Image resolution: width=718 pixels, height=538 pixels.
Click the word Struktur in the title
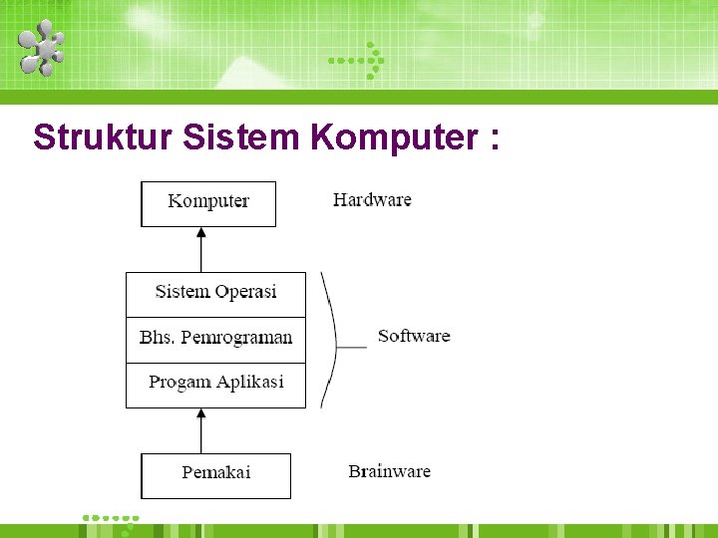click(x=104, y=137)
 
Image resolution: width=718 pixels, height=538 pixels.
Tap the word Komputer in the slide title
click(x=394, y=137)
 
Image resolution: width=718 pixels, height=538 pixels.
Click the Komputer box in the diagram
click(x=208, y=202)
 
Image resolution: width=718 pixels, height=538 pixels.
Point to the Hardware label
click(x=372, y=199)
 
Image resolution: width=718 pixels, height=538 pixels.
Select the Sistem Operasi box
click(x=215, y=293)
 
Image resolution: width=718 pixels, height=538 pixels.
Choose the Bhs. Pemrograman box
click(x=215, y=339)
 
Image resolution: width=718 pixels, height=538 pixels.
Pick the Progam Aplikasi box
click(x=215, y=384)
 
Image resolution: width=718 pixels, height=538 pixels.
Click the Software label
click(x=414, y=336)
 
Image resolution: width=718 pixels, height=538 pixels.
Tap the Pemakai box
click(x=215, y=474)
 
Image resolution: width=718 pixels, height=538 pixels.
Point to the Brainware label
click(x=389, y=470)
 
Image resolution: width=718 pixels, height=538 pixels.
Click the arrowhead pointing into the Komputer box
click(x=201, y=232)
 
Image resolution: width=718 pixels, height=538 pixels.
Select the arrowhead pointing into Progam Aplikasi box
click(x=201, y=413)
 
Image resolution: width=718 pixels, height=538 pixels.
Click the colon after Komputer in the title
click(x=494, y=139)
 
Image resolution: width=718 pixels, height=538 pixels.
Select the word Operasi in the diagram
click(x=245, y=292)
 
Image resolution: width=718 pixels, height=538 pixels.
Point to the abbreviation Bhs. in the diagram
click(x=157, y=337)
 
